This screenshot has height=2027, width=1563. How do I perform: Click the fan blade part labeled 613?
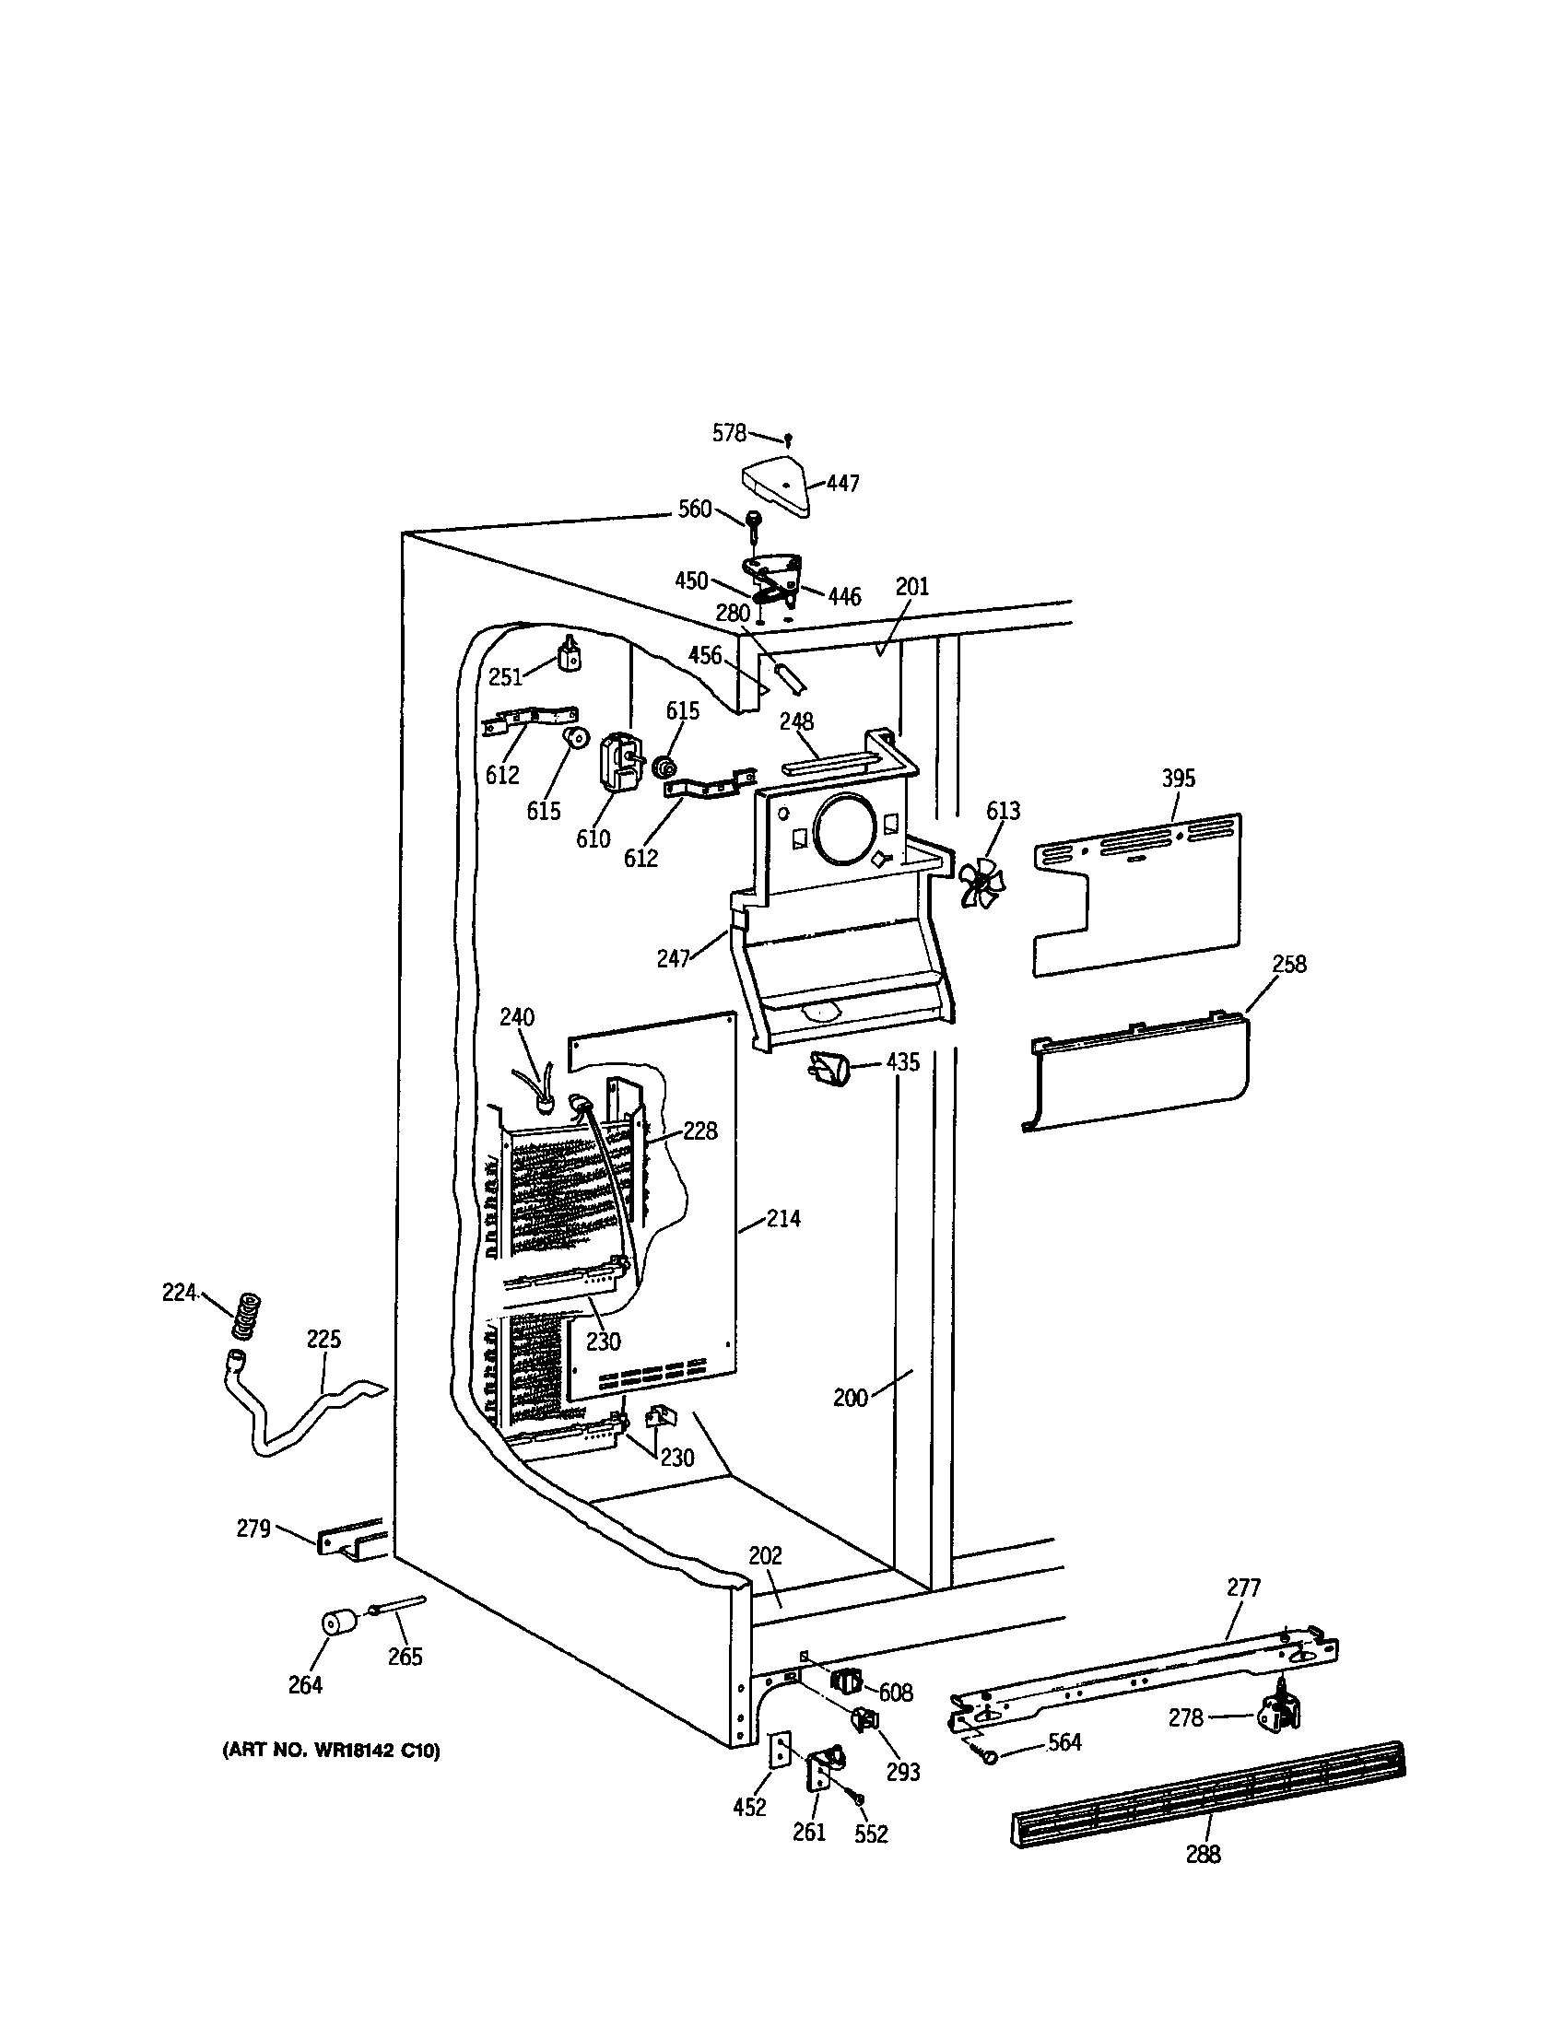[981, 882]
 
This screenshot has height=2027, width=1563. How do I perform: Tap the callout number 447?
[842, 484]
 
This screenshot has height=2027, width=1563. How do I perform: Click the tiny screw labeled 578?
[788, 440]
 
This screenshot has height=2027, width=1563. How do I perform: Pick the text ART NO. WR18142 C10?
[331, 1752]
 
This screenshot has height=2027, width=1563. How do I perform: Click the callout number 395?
[1178, 779]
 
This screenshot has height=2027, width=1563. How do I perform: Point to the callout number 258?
[1288, 965]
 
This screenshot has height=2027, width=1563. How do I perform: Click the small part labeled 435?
[830, 1069]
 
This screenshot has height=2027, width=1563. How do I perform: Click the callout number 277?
[1243, 1588]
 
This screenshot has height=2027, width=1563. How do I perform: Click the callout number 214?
[783, 1219]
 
